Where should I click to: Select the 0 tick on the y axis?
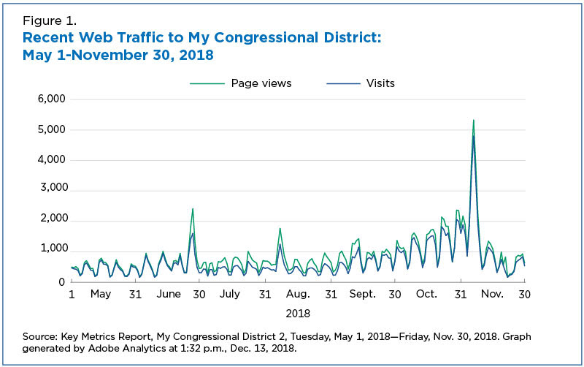[x=61, y=281]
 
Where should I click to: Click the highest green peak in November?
[x=474, y=121]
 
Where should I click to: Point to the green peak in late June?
[x=193, y=209]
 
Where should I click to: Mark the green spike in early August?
[x=280, y=229]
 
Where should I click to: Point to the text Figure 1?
[x=49, y=20]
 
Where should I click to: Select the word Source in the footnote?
[x=41, y=336]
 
